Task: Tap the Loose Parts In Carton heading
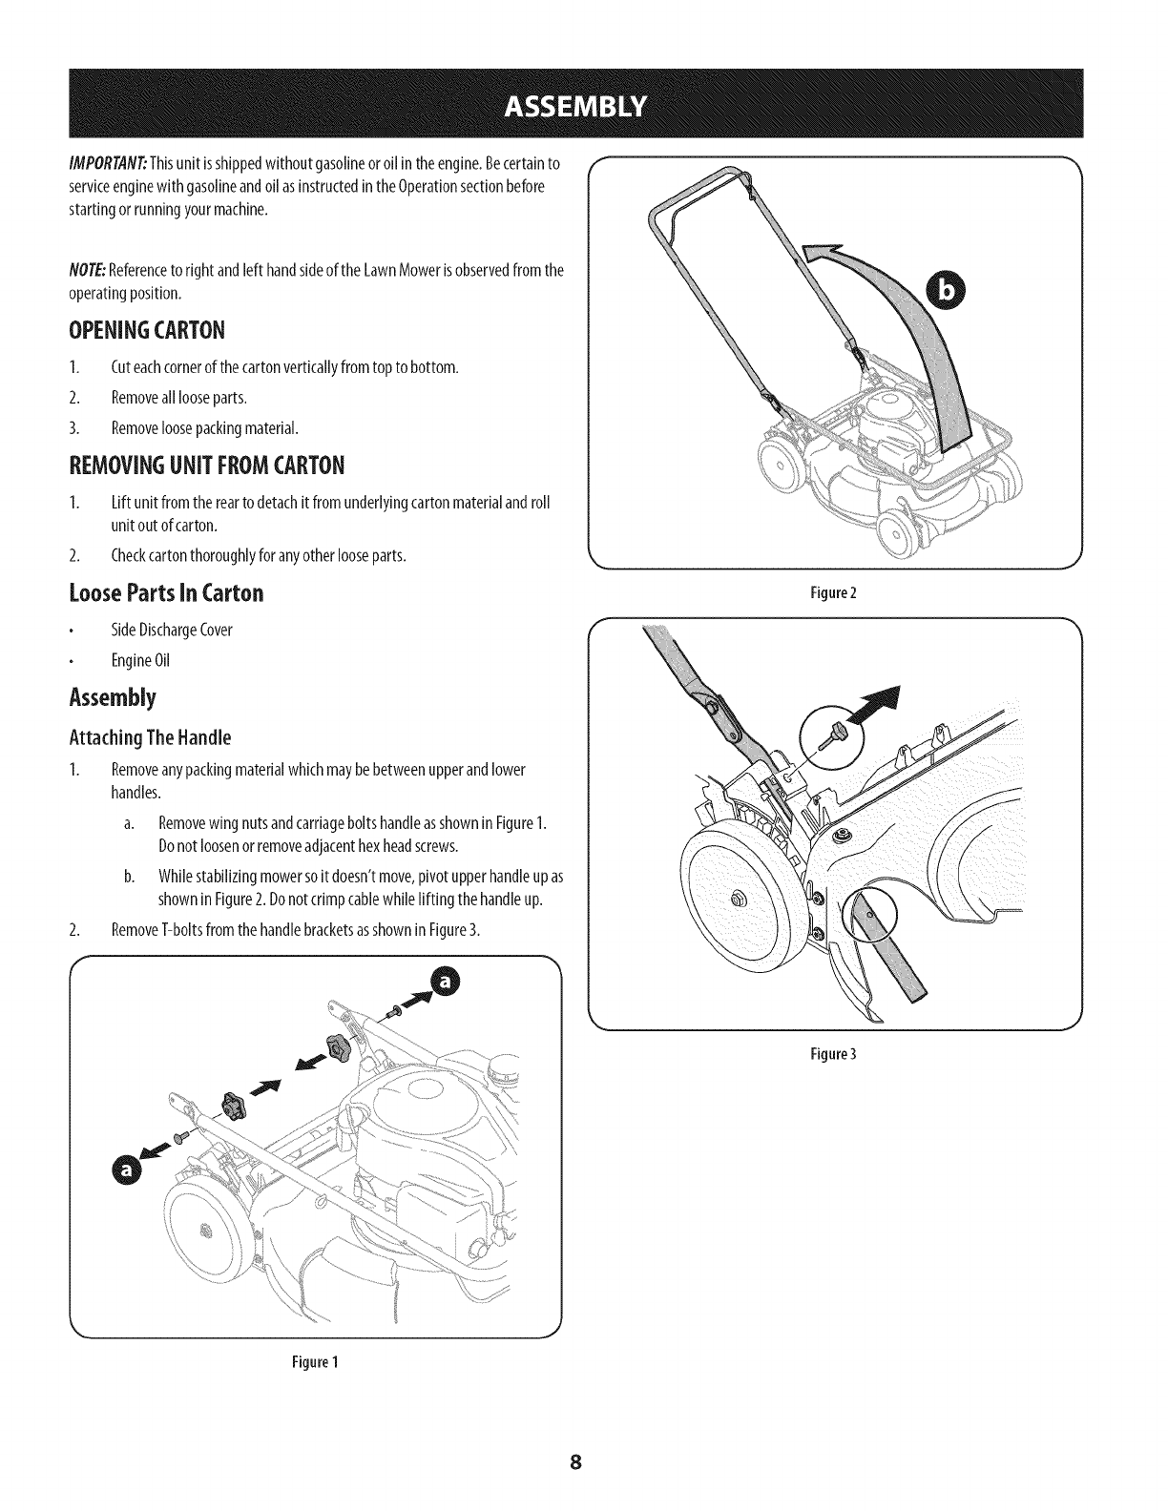point(166,592)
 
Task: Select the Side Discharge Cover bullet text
point(172,630)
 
